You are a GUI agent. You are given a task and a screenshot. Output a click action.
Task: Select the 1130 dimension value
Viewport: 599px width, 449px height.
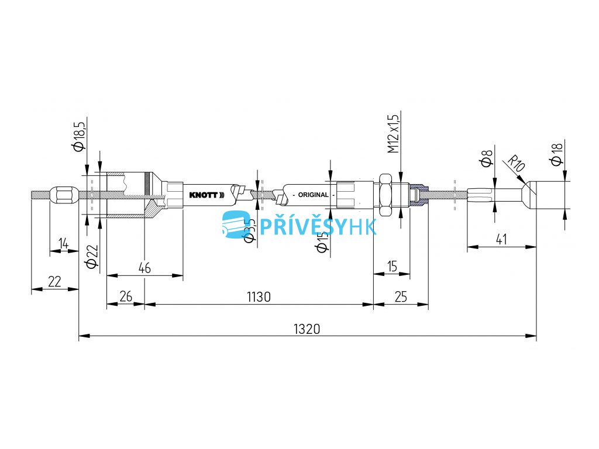click(x=259, y=297)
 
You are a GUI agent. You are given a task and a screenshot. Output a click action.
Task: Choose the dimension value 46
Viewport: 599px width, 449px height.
click(x=144, y=268)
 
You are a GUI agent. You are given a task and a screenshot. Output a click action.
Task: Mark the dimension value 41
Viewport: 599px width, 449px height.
click(x=501, y=239)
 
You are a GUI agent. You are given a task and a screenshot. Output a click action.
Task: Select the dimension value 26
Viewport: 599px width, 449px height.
click(x=125, y=297)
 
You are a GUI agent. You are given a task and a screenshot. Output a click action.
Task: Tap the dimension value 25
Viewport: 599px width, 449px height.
click(x=401, y=297)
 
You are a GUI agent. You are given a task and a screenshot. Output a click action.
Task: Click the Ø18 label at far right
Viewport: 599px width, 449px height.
click(x=556, y=155)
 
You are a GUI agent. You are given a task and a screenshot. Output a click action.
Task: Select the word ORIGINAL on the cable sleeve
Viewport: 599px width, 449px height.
click(x=313, y=195)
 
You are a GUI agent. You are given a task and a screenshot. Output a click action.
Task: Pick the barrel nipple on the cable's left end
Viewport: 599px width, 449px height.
click(x=62, y=195)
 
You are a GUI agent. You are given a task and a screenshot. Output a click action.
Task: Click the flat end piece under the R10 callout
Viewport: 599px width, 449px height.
click(x=550, y=195)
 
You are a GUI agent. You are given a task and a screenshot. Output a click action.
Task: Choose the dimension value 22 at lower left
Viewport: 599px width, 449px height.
click(x=54, y=281)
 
